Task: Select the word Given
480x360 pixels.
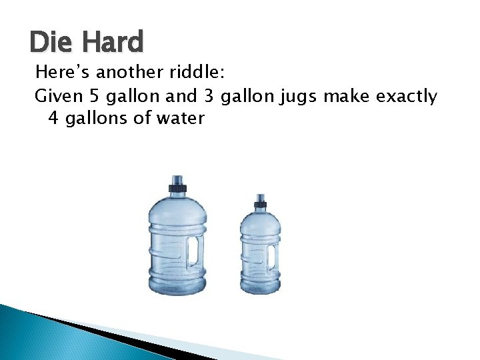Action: tap(57, 97)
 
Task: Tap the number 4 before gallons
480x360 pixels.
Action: tap(53, 119)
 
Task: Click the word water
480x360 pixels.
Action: tap(181, 119)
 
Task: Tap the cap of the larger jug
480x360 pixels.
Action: tap(177, 182)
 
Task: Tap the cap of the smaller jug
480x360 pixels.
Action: tap(260, 201)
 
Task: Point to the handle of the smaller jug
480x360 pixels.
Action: tap(271, 257)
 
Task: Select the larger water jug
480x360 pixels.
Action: tap(177, 240)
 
